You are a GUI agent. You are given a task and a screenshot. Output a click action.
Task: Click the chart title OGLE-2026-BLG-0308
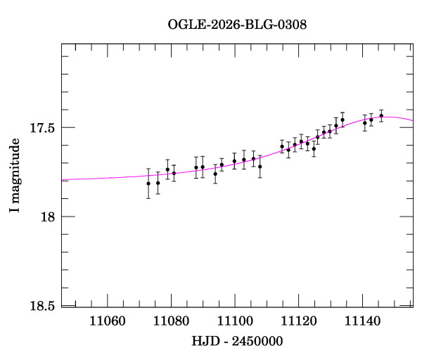click(237, 24)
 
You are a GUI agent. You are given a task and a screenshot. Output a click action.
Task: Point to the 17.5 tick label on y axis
click(44, 128)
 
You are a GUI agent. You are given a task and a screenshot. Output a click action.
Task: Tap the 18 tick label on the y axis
click(49, 217)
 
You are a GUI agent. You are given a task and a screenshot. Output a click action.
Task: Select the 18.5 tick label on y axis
click(44, 305)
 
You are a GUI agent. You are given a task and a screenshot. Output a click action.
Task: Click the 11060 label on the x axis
click(107, 321)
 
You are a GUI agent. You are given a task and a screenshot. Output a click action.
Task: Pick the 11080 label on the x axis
click(171, 321)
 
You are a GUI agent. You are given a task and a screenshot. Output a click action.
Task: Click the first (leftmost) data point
click(148, 184)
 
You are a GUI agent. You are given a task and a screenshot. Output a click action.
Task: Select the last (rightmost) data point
click(381, 116)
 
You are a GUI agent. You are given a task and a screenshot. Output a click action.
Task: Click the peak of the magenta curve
click(388, 117)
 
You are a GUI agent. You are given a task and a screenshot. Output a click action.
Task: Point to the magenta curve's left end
click(63, 180)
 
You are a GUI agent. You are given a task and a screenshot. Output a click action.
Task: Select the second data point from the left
click(158, 183)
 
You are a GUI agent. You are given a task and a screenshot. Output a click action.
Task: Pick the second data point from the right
click(371, 120)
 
